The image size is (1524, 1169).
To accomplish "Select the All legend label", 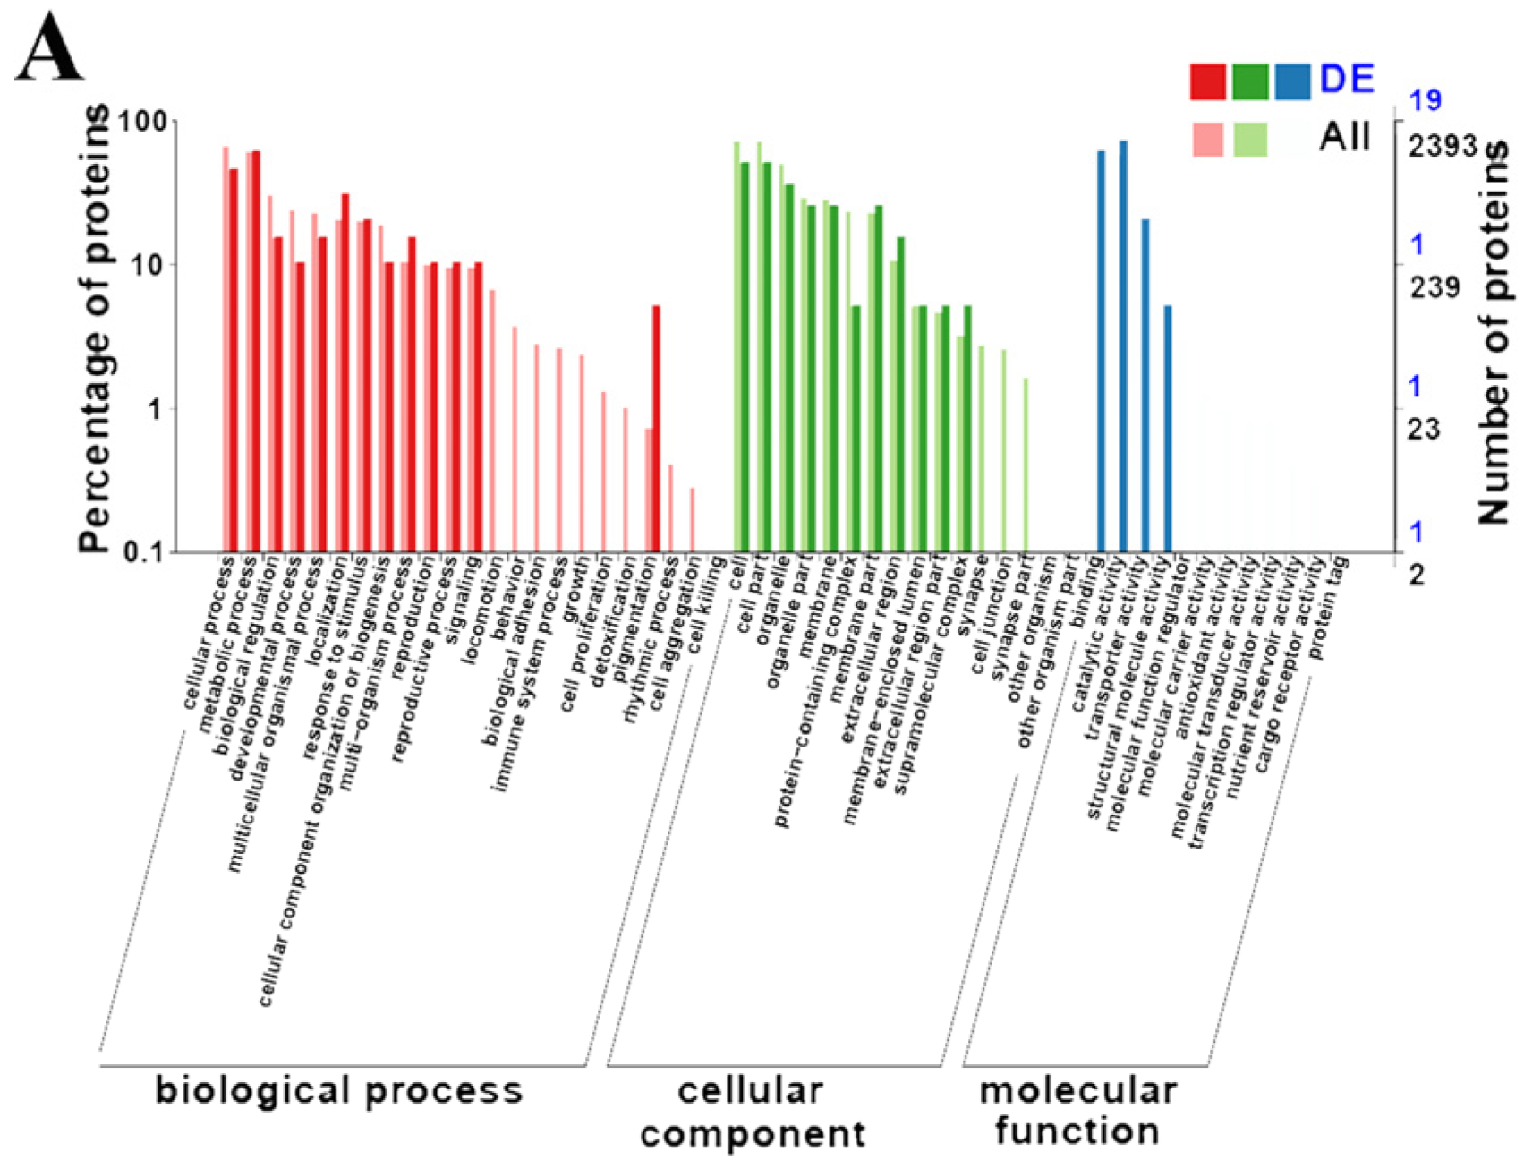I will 1344,137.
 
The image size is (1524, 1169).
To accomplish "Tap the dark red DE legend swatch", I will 1207,81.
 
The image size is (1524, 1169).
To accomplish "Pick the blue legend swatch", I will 1292,81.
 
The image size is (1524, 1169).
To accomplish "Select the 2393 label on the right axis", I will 1442,145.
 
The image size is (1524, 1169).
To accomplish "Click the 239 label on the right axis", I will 1435,287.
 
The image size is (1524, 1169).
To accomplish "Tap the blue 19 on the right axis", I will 1426,100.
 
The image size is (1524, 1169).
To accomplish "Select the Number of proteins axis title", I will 1493,331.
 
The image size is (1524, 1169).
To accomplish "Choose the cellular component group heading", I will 752,1112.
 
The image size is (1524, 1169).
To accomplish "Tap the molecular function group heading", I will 1077,1110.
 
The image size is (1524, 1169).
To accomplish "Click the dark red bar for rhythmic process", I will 656,429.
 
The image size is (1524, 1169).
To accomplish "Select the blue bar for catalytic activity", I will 1123,346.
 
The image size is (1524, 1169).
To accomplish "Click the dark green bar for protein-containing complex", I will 856,429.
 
